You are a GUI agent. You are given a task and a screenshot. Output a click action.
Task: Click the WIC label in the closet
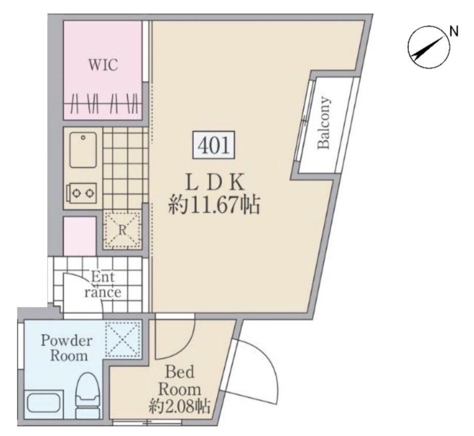(x=103, y=66)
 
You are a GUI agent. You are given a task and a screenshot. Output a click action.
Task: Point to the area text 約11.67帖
(x=214, y=206)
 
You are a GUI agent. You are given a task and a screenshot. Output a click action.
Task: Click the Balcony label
(x=324, y=123)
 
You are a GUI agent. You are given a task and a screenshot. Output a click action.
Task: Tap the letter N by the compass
(x=453, y=32)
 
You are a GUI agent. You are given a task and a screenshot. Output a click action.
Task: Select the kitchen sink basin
(x=83, y=150)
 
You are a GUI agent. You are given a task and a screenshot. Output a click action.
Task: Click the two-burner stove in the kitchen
(x=83, y=193)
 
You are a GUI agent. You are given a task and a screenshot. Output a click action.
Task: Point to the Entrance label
(x=103, y=285)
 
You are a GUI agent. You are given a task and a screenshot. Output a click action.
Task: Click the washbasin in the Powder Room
(x=44, y=403)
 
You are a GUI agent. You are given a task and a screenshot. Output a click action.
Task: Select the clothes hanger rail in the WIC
(x=103, y=103)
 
